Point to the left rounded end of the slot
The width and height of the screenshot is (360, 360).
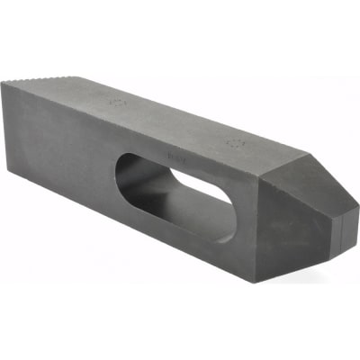click(x=126, y=171)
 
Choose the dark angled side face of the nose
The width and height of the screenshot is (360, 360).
click(x=301, y=229)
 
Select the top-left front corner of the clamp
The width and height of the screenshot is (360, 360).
click(x=3, y=84)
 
